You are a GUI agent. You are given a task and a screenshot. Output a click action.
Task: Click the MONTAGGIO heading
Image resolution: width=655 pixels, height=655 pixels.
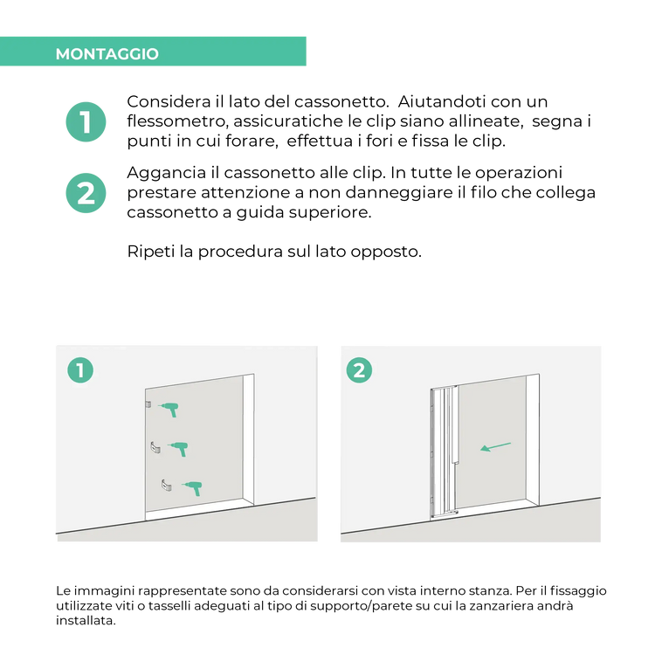[107, 54]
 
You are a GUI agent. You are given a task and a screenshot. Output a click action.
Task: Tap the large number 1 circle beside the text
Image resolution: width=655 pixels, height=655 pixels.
[86, 122]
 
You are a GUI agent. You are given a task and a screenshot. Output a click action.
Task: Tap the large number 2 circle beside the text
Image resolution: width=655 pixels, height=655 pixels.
[86, 193]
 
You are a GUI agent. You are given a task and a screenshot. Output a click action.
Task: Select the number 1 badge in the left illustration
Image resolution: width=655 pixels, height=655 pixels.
[80, 370]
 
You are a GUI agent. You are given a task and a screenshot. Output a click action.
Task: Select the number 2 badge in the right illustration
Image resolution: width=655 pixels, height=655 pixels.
[359, 370]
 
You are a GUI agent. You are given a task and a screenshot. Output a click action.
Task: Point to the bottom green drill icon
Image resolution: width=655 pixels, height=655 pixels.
[192, 488]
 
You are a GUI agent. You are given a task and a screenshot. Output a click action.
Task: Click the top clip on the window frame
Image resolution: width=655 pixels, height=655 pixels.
[148, 404]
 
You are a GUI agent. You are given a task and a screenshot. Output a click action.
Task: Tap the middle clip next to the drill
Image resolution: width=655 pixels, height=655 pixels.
[155, 447]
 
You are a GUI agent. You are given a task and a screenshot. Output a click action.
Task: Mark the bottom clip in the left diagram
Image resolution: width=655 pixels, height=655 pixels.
[166, 486]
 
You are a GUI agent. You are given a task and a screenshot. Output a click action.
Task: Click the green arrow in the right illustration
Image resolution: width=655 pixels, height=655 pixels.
[495, 446]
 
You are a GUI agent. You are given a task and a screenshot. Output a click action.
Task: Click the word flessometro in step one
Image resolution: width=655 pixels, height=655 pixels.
[178, 121]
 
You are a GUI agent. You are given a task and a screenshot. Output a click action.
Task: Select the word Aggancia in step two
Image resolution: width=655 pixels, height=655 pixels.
[166, 174]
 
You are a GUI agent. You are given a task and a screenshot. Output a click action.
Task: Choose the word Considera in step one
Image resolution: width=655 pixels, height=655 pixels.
[169, 101]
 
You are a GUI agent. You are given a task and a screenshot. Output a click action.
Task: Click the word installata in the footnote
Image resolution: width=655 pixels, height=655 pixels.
[86, 620]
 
